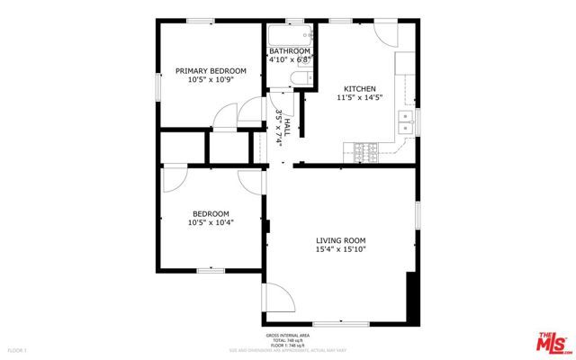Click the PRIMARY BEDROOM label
[210, 70]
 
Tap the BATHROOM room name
[290, 50]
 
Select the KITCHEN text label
[356, 87]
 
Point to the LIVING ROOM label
[340, 240]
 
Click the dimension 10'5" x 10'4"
[211, 222]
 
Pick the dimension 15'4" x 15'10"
[340, 250]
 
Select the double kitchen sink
[408, 121]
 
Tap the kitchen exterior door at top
[384, 34]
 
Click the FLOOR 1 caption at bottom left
[19, 349]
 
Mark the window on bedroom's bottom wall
[211, 269]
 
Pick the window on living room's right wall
[417, 220]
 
